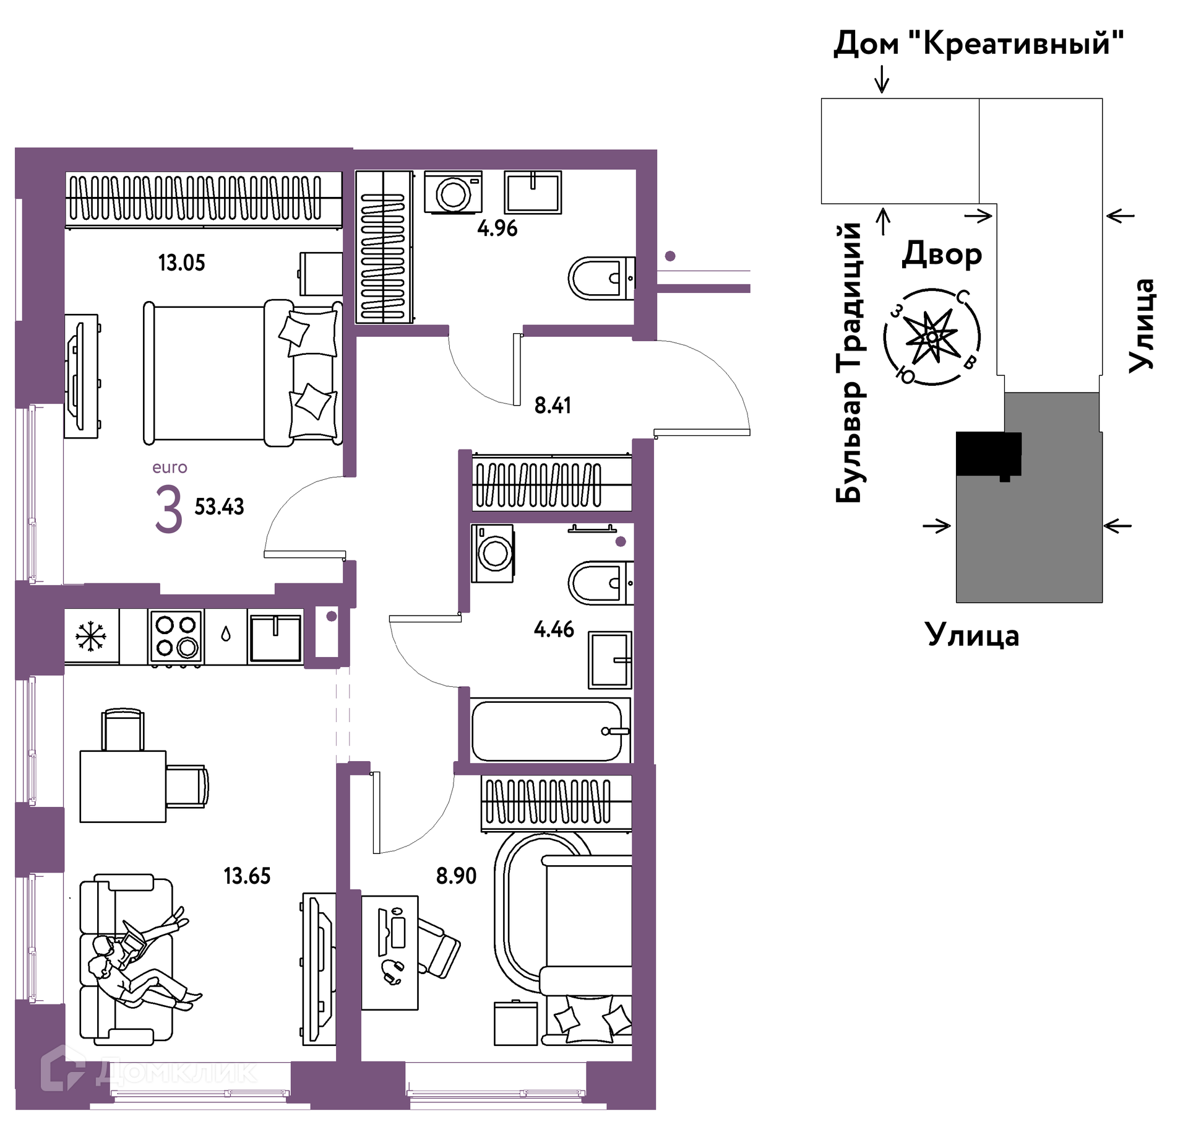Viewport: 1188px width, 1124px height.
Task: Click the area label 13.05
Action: point(181,263)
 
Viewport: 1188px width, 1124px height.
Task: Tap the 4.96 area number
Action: point(497,229)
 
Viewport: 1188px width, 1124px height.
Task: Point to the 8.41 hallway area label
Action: point(553,406)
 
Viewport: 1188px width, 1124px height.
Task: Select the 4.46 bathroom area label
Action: point(554,630)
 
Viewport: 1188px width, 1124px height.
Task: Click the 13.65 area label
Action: point(247,876)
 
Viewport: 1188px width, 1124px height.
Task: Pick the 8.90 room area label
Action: point(456,876)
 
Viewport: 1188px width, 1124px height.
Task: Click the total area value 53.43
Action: point(219,507)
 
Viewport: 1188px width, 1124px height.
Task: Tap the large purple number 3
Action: point(168,510)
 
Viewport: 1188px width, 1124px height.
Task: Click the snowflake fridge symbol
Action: point(92,636)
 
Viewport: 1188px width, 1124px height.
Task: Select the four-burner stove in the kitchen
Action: point(176,637)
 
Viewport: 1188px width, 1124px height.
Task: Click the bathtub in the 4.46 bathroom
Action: point(550,731)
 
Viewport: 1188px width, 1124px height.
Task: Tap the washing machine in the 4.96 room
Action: point(453,193)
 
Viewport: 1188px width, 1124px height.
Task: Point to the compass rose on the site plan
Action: point(932,337)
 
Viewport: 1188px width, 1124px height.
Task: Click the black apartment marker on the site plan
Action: point(988,455)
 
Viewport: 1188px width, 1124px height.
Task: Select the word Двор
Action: point(942,254)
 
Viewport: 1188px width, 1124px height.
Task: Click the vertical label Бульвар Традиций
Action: point(849,362)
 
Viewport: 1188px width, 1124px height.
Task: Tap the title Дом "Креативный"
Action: point(978,44)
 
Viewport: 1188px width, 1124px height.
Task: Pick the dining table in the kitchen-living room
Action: point(123,786)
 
